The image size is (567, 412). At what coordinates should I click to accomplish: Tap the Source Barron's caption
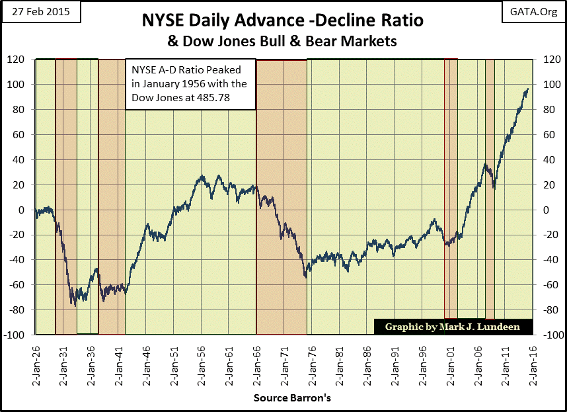284,399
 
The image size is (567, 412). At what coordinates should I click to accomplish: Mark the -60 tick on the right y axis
548,285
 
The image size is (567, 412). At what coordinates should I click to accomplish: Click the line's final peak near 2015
527,89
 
